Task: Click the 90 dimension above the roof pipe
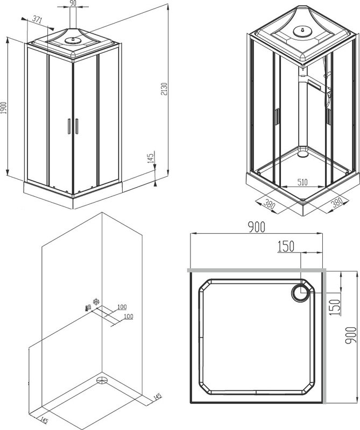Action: [x=73, y=3]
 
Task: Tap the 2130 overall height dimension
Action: [x=164, y=89]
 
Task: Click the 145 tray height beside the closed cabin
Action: [x=151, y=158]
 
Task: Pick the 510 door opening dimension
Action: [x=302, y=182]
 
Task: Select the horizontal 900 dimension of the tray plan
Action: [x=257, y=227]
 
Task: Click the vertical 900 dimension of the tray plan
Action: [x=351, y=335]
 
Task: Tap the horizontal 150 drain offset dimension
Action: [x=286, y=246]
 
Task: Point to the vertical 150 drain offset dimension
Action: [x=335, y=307]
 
